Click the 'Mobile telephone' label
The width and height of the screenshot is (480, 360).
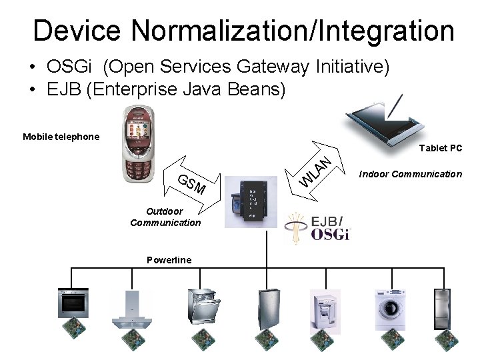click(61, 137)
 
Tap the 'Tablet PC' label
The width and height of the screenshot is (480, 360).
click(441, 148)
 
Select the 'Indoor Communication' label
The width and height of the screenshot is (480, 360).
click(410, 174)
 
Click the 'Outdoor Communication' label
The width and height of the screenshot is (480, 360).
click(165, 217)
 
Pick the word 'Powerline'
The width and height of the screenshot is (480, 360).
click(169, 260)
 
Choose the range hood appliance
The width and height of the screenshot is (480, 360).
click(132, 311)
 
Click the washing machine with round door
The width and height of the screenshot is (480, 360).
click(390, 309)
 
